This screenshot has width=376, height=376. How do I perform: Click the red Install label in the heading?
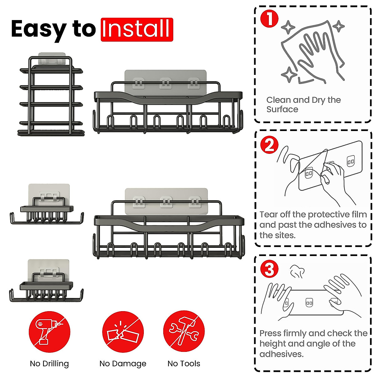pyautogui.click(x=137, y=29)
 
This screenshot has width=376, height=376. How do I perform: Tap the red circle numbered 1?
pyautogui.click(x=269, y=18)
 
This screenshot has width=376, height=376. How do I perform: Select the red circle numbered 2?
pyautogui.click(x=269, y=145)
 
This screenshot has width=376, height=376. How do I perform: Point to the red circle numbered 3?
pyautogui.click(x=269, y=269)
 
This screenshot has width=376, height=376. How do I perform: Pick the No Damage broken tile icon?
pyautogui.click(x=123, y=332)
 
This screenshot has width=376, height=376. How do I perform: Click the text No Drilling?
pyautogui.click(x=50, y=364)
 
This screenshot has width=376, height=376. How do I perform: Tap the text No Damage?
pyautogui.click(x=123, y=364)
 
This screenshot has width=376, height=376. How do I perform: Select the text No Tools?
pyautogui.click(x=184, y=364)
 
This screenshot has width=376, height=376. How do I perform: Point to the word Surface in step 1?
pyautogui.click(x=282, y=109)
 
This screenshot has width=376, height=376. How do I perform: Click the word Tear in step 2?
pyautogui.click(x=269, y=214)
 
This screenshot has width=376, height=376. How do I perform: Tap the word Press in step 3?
pyautogui.click(x=270, y=333)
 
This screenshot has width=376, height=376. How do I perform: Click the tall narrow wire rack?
pyautogui.click(x=51, y=96)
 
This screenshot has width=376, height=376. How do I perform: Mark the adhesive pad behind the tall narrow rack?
pyautogui.click(x=52, y=58)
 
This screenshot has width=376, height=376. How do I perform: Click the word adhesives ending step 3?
pyautogui.click(x=281, y=354)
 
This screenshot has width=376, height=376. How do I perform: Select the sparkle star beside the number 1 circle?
pyautogui.click(x=288, y=27)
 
